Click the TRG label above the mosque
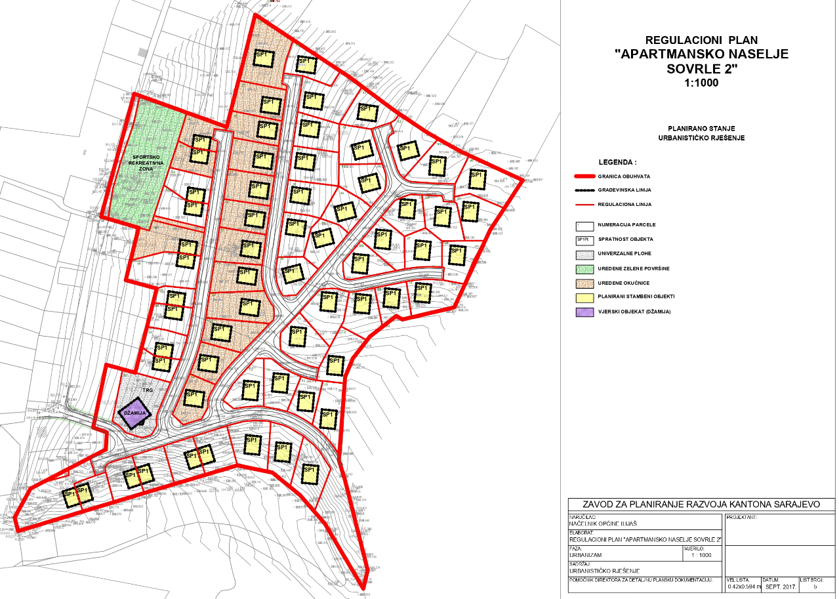click(148, 390)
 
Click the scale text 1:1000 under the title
click(701, 83)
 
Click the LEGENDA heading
click(617, 161)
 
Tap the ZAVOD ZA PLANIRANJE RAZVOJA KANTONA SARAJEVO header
click(702, 505)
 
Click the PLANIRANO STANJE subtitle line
click(701, 129)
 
